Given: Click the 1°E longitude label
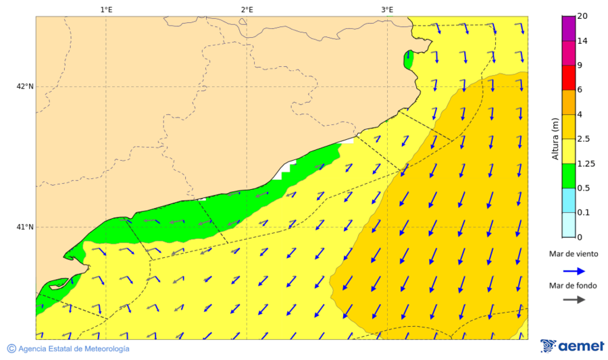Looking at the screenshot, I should pos(106,9).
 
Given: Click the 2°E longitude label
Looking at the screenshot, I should pos(247,9).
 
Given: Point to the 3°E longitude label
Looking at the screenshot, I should pos(387,9).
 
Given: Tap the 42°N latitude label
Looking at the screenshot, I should pos(25,86).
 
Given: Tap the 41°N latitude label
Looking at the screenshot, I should pos(25,227).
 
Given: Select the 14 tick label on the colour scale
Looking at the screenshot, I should pos(583,41).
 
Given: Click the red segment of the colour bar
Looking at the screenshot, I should pos(568,78).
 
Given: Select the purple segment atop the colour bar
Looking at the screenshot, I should pos(568,28).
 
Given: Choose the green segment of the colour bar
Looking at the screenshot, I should pos(568,175).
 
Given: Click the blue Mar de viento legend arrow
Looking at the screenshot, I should pos(573,270).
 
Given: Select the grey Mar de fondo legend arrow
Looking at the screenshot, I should pos(573,300).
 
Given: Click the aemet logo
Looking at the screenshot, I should pos(572,346).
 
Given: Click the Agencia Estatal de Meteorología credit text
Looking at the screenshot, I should pos(68,349).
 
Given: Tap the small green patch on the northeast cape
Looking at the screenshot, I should pos(407,59).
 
